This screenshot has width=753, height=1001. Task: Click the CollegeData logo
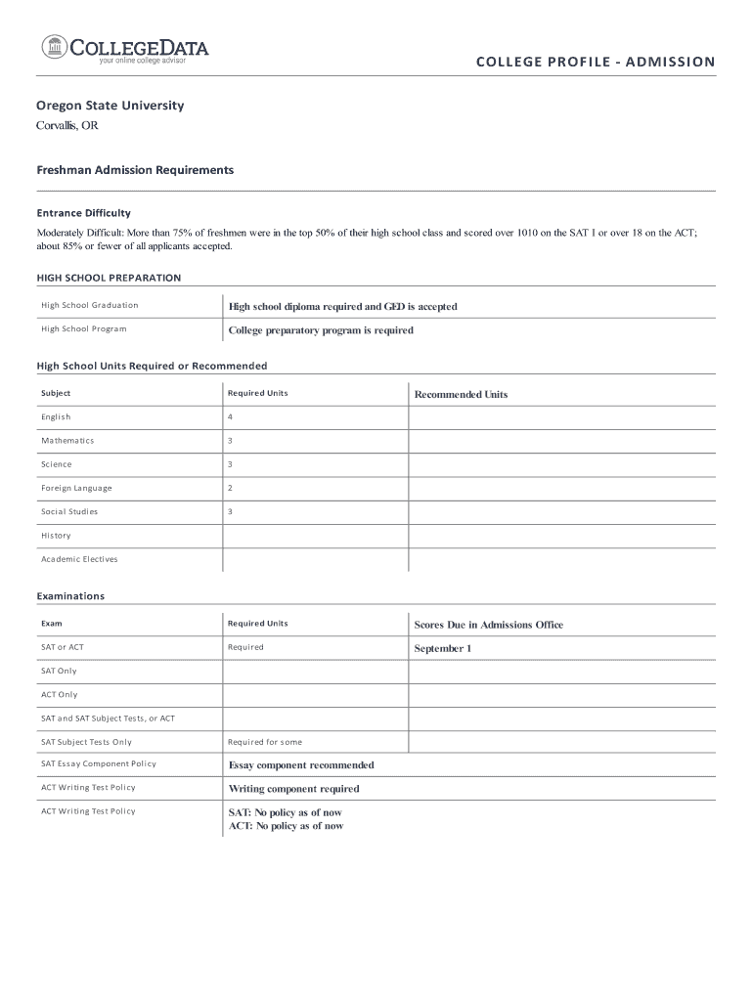(125, 49)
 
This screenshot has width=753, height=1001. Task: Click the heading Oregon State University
(110, 105)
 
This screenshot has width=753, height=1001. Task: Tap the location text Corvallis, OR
(67, 126)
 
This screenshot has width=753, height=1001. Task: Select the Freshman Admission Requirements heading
(135, 170)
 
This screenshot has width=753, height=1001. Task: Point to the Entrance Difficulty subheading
(83, 212)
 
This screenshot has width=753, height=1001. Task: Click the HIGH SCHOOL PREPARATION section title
(109, 278)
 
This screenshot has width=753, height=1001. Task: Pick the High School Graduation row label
(90, 305)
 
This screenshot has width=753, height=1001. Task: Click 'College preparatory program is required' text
(321, 330)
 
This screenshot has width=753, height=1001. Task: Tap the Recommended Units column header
(461, 395)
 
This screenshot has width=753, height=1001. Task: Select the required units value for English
(231, 417)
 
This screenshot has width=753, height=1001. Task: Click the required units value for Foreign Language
(231, 488)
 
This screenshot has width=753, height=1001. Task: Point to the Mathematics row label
(67, 441)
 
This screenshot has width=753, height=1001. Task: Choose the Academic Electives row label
(79, 559)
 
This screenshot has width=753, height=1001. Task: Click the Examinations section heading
(70, 595)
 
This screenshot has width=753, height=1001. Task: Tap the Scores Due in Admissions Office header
(488, 625)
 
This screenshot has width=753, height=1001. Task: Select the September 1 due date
(442, 648)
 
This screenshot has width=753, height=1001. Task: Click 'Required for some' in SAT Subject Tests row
(265, 742)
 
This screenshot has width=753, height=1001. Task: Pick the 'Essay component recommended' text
(301, 765)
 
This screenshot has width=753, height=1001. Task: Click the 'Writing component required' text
(293, 789)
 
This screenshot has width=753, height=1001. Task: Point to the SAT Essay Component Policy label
(99, 764)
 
